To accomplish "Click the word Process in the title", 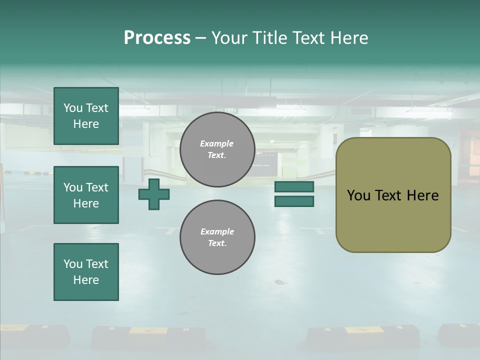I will tap(157, 38).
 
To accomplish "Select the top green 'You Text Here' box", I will tap(86, 116).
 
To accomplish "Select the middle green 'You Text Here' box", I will tap(86, 195).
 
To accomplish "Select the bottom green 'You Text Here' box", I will tap(86, 272).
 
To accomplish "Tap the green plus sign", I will tap(154, 194).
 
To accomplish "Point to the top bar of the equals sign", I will tap(294, 186).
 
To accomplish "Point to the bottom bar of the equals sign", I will tap(294, 201).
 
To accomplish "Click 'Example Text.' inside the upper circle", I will tap(217, 149).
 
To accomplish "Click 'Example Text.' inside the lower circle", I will tap(217, 237).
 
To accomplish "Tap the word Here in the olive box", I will tap(423, 195).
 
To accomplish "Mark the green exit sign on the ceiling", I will tap(230, 111).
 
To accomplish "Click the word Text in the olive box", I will tap(389, 195).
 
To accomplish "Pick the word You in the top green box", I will tap(73, 108).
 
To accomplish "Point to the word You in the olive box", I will tap(358, 195).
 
